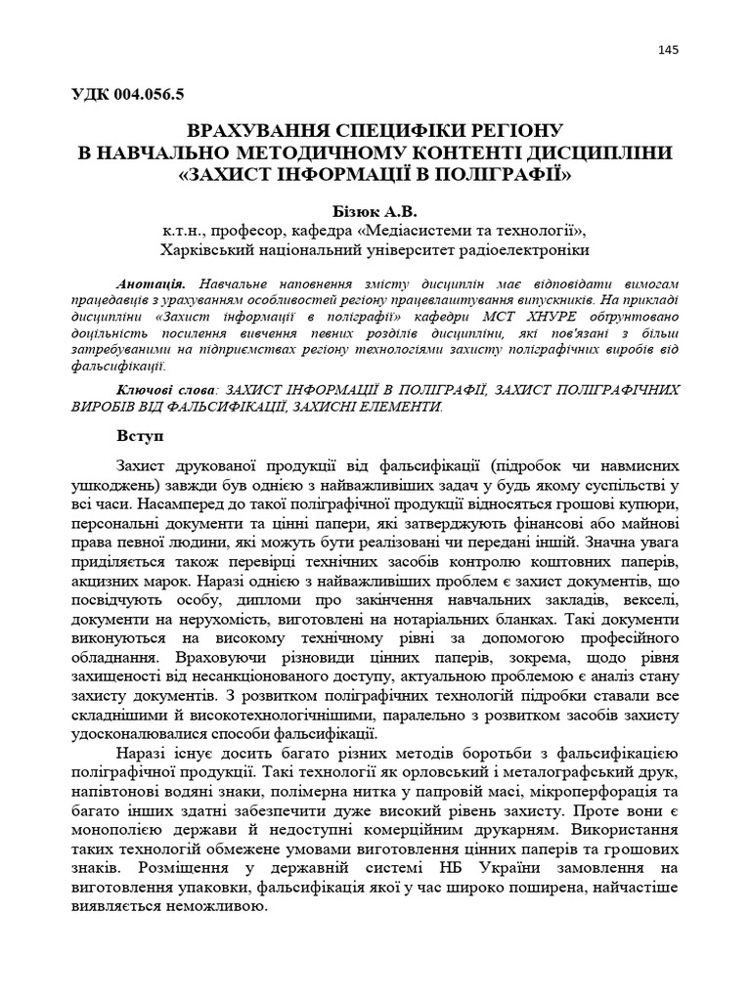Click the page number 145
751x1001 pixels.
click(x=668, y=51)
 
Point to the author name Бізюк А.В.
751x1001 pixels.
click(x=375, y=209)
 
